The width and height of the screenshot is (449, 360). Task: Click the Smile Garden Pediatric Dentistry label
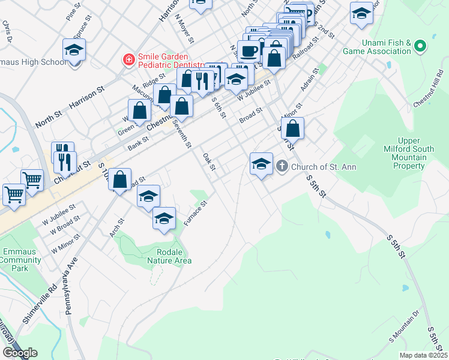pyautogui.click(x=169, y=60)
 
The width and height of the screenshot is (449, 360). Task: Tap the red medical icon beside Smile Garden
pyautogui.click(x=128, y=60)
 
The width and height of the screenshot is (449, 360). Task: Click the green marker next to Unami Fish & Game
pyautogui.click(x=420, y=46)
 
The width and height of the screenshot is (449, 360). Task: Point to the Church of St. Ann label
pyautogui.click(x=324, y=166)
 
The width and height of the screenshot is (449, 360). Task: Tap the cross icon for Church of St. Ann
pyautogui.click(x=283, y=166)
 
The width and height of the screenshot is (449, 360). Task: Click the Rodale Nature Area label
pyautogui.click(x=173, y=256)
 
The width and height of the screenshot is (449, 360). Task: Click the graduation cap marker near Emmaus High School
pyautogui.click(x=74, y=50)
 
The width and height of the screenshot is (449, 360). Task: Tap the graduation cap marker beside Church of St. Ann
pyautogui.click(x=261, y=163)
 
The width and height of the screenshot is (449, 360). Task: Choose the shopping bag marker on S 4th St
pyautogui.click(x=292, y=128)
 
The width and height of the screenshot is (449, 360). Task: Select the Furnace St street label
pyautogui.click(x=196, y=214)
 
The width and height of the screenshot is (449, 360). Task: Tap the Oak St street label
pyautogui.click(x=208, y=161)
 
